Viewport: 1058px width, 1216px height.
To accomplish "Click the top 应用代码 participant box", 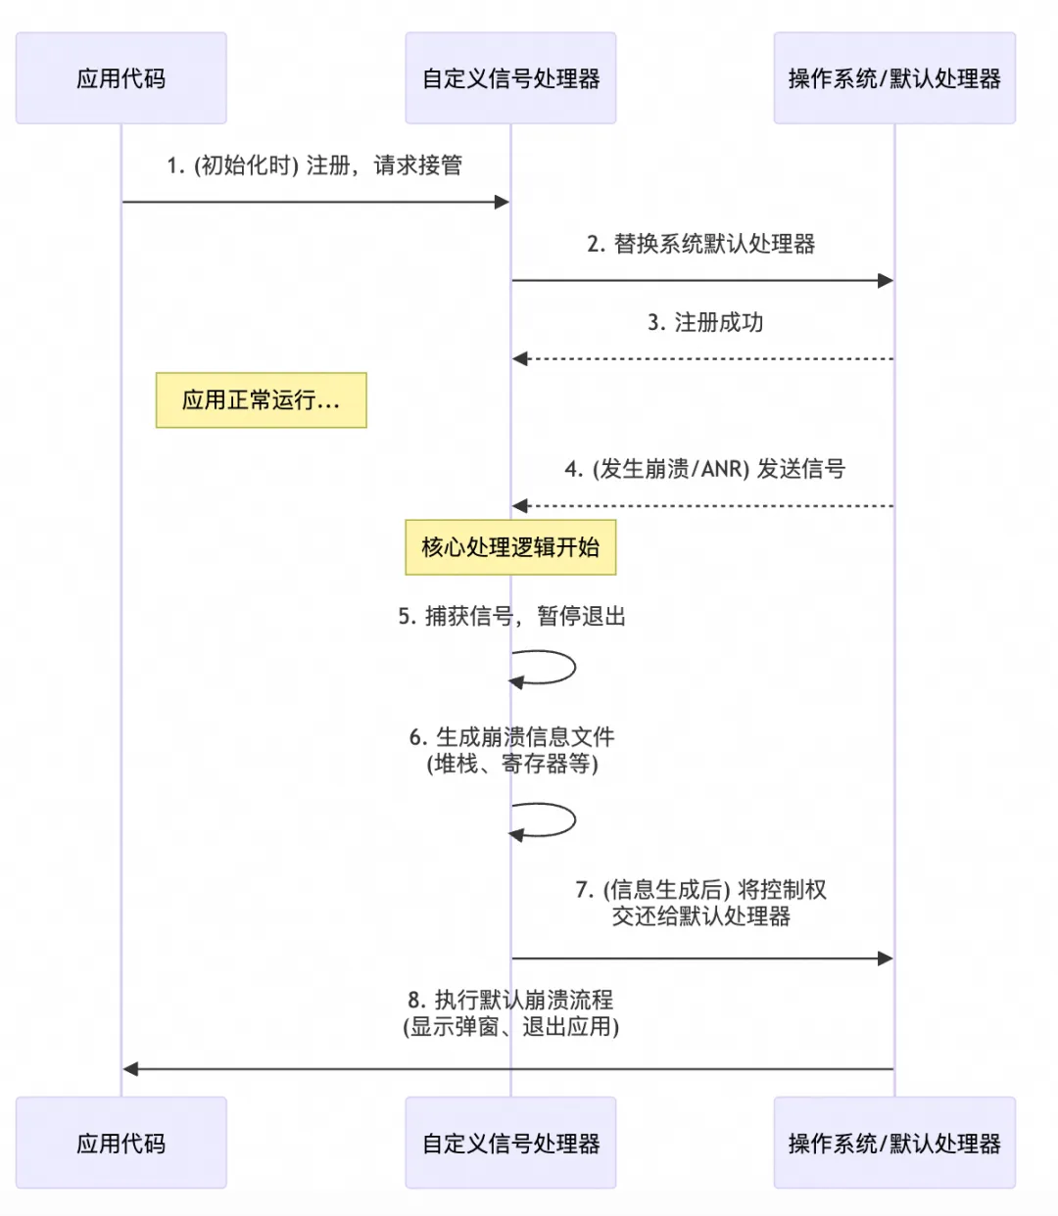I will click(x=120, y=78).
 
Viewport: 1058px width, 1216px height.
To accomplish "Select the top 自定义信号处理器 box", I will click(x=510, y=78).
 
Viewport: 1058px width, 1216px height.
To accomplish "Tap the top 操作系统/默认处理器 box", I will click(x=893, y=78).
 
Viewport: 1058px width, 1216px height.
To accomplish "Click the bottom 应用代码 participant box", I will click(x=120, y=1143).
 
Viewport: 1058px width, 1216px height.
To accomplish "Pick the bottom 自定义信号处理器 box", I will click(x=510, y=1143).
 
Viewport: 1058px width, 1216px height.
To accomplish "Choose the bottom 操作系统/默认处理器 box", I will click(x=893, y=1143).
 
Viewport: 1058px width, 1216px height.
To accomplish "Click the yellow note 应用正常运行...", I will click(x=261, y=399).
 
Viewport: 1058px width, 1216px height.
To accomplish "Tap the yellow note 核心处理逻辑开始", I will click(x=510, y=547).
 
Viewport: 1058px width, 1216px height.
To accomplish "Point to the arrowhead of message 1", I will click(x=503, y=202).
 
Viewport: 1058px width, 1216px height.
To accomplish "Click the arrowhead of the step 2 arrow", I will click(x=886, y=281).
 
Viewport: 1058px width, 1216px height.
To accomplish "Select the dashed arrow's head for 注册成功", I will click(x=520, y=359).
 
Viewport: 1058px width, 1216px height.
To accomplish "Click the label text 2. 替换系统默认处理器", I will click(x=700, y=244).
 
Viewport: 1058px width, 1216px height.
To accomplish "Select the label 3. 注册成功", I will click(x=705, y=322).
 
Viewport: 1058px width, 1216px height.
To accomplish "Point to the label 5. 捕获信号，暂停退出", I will click(x=511, y=616).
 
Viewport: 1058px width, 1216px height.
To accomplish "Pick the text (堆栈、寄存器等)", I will click(x=511, y=764).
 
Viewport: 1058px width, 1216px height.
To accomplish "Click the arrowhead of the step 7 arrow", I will click(x=886, y=959).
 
